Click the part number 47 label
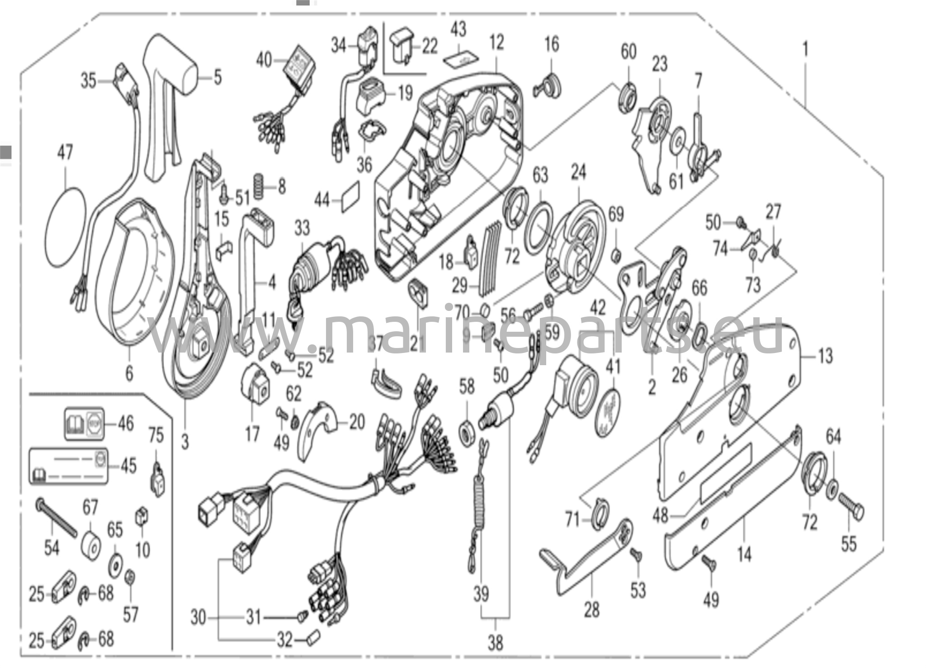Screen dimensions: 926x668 [65, 152]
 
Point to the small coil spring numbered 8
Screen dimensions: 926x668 [259, 186]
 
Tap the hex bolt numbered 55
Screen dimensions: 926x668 [852, 508]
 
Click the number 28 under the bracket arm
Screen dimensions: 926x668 [591, 610]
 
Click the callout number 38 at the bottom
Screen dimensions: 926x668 [495, 642]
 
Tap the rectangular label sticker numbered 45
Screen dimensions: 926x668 [69, 466]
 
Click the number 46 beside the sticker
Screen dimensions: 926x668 [126, 423]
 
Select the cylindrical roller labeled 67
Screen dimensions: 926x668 [91, 547]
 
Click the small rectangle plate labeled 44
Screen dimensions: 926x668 [351, 196]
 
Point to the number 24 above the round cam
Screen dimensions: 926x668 [578, 172]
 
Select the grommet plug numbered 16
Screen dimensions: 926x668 [548, 85]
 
